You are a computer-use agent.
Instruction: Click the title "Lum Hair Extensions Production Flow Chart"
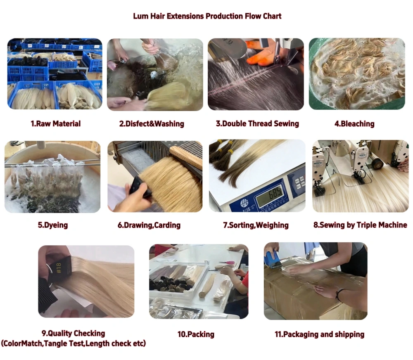point(207,17)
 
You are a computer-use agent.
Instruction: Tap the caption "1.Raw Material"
point(56,123)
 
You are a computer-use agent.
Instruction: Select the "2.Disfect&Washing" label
point(152,123)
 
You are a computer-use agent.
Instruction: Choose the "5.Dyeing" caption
point(52,225)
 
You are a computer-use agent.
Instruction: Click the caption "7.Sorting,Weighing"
point(256,225)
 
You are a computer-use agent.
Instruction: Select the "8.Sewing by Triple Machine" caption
point(360,225)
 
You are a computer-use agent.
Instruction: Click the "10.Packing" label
point(196,334)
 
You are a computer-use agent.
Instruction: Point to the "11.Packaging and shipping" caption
point(319,334)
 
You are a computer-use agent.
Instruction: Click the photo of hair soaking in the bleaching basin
point(357,74)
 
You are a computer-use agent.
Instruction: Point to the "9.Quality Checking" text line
point(73,333)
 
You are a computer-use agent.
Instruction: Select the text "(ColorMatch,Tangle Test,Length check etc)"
point(73,343)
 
